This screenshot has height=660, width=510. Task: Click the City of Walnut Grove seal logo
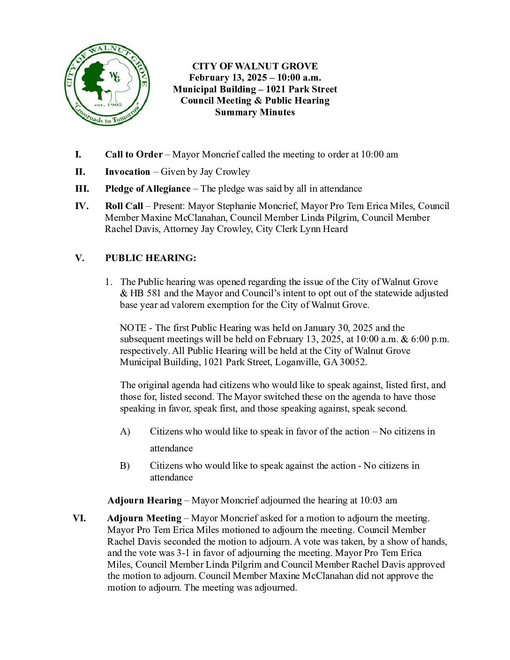click(x=107, y=85)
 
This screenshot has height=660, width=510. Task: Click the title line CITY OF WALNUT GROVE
click(x=255, y=66)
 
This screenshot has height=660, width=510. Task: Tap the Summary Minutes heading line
click(x=255, y=112)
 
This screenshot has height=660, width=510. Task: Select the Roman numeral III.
click(x=82, y=188)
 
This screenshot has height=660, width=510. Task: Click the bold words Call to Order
click(x=134, y=154)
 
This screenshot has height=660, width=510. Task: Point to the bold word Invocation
click(x=127, y=172)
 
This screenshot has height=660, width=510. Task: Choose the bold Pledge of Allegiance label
click(x=148, y=188)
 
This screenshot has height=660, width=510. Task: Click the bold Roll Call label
click(x=124, y=206)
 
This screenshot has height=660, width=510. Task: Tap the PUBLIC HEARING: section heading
click(x=150, y=258)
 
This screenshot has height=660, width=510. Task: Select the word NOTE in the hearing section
click(x=133, y=328)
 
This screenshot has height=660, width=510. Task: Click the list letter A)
click(x=125, y=431)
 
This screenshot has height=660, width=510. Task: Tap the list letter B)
click(x=125, y=465)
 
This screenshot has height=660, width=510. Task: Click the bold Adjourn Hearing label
click(x=144, y=500)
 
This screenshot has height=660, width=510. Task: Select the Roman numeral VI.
click(x=79, y=518)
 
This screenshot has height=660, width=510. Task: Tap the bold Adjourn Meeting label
click(x=144, y=518)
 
